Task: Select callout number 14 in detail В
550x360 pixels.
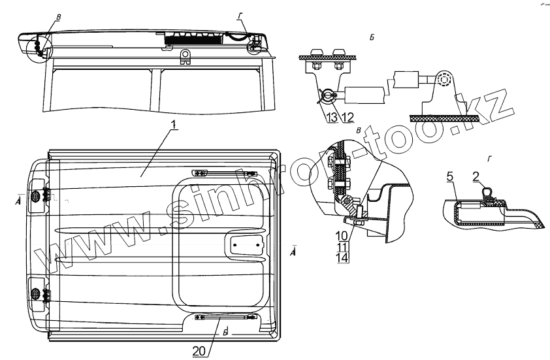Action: (x=342, y=257)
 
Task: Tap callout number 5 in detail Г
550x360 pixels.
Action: (x=450, y=176)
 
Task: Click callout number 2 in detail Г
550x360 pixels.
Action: (x=477, y=176)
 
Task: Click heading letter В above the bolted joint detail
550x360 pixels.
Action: (x=359, y=131)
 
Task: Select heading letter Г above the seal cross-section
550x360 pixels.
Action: (x=489, y=158)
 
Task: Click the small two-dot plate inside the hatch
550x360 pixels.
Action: (x=244, y=246)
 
